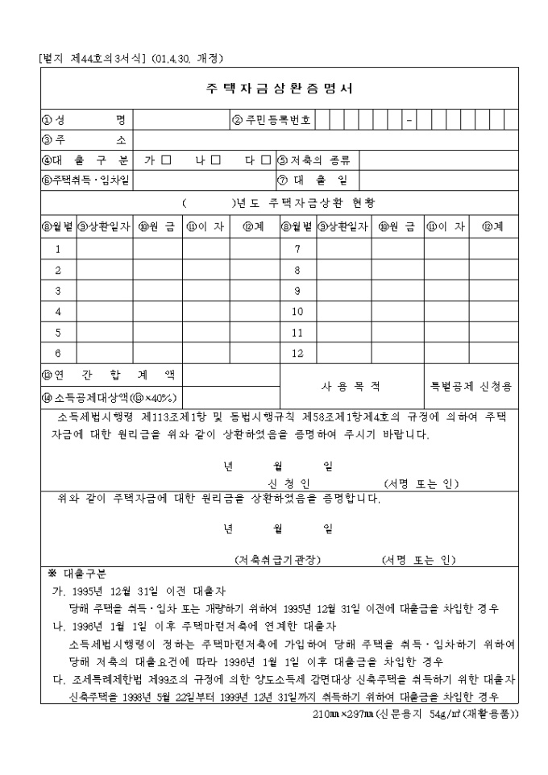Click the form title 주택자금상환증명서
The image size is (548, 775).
click(x=276, y=89)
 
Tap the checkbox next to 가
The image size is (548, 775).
click(x=166, y=160)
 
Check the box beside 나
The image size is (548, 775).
click(x=215, y=160)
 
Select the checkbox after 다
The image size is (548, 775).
click(x=266, y=160)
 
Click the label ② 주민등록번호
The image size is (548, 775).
click(x=272, y=121)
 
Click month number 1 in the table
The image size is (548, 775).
click(x=57, y=249)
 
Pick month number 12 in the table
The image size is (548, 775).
click(x=297, y=353)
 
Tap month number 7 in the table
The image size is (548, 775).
click(x=297, y=249)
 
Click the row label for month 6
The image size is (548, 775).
click(x=57, y=353)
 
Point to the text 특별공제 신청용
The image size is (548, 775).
click(x=473, y=385)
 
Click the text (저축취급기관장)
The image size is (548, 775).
click(x=278, y=560)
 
